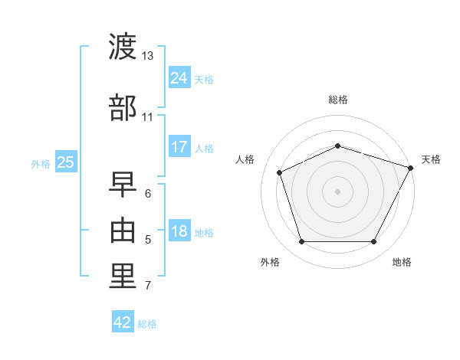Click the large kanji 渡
[x=123, y=46]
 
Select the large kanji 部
[x=123, y=107]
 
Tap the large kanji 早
[x=123, y=185]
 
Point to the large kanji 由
[x=123, y=231]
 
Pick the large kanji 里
[x=123, y=277]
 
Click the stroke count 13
[x=147, y=56]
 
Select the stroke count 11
[x=147, y=117]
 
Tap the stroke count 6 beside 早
[x=148, y=194]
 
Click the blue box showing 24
[x=179, y=77]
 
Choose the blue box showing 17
[x=179, y=146]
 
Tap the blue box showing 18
[x=179, y=230]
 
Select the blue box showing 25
[x=66, y=162]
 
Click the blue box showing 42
[x=123, y=321]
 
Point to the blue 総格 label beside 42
[x=147, y=324]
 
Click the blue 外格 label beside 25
[x=41, y=164]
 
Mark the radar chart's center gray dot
[x=337, y=191]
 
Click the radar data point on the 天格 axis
[x=410, y=168]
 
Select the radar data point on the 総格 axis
[x=337, y=146]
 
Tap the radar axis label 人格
[x=245, y=159]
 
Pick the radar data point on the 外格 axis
[x=302, y=241]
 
